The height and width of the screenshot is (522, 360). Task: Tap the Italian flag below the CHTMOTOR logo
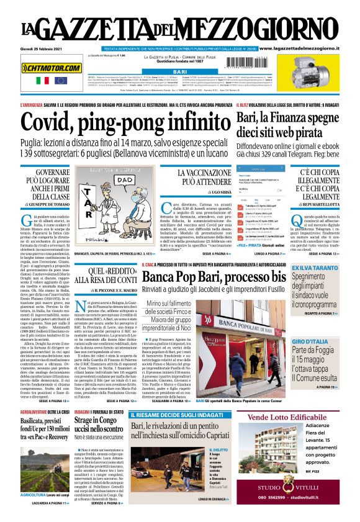coord(42,81)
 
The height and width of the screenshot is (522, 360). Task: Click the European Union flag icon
coord(60,81)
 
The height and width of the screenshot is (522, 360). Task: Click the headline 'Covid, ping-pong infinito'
coord(117,124)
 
